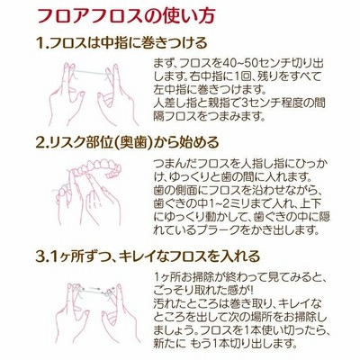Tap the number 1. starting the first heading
pyautogui.click(x=42, y=43)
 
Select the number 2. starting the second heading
pyautogui.click(x=42, y=142)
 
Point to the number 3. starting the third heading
pyautogui.click(x=42, y=256)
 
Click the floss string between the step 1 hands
pyautogui.click(x=90, y=72)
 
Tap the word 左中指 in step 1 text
pyautogui.click(x=168, y=90)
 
